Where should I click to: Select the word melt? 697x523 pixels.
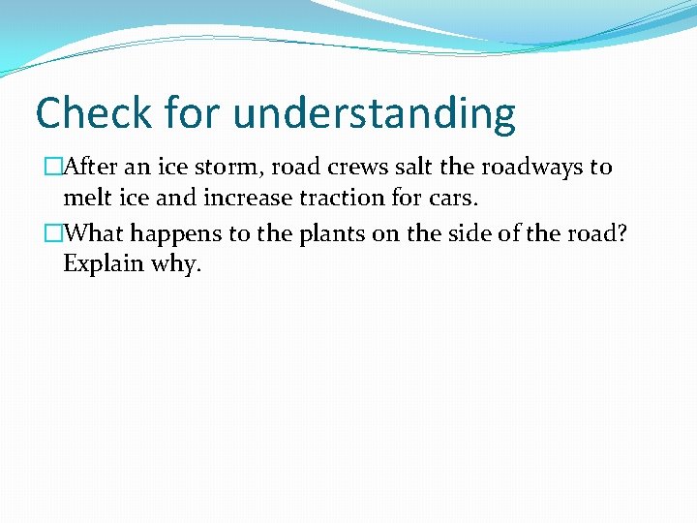click(x=85, y=199)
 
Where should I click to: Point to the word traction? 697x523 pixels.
click(x=333, y=199)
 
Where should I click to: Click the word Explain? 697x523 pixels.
click(x=104, y=264)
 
